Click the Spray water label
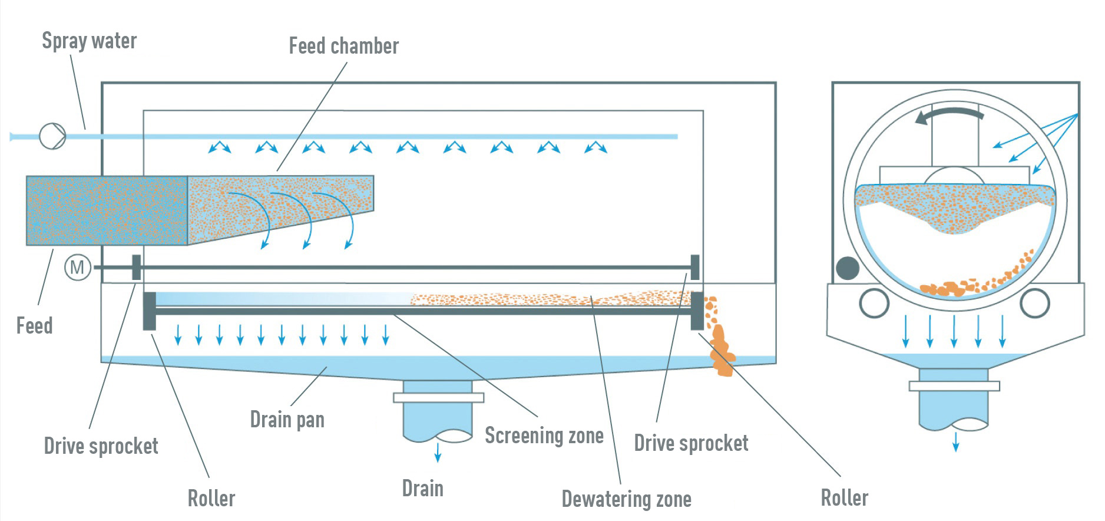[x=89, y=41]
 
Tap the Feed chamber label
[x=343, y=46]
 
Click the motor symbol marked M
[x=77, y=268]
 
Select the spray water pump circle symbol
[x=52, y=136]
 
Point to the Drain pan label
[x=287, y=419]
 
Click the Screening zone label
[x=544, y=436]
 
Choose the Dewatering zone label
[x=626, y=499]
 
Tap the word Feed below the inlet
[x=34, y=325]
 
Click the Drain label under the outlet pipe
[x=422, y=489]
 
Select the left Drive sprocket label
[x=101, y=446]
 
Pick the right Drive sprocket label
[x=691, y=443]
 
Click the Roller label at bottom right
[x=844, y=498]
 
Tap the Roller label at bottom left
[x=211, y=499]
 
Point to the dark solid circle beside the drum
[x=848, y=268]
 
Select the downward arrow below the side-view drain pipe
[x=438, y=453]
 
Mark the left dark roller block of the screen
[x=150, y=311]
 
